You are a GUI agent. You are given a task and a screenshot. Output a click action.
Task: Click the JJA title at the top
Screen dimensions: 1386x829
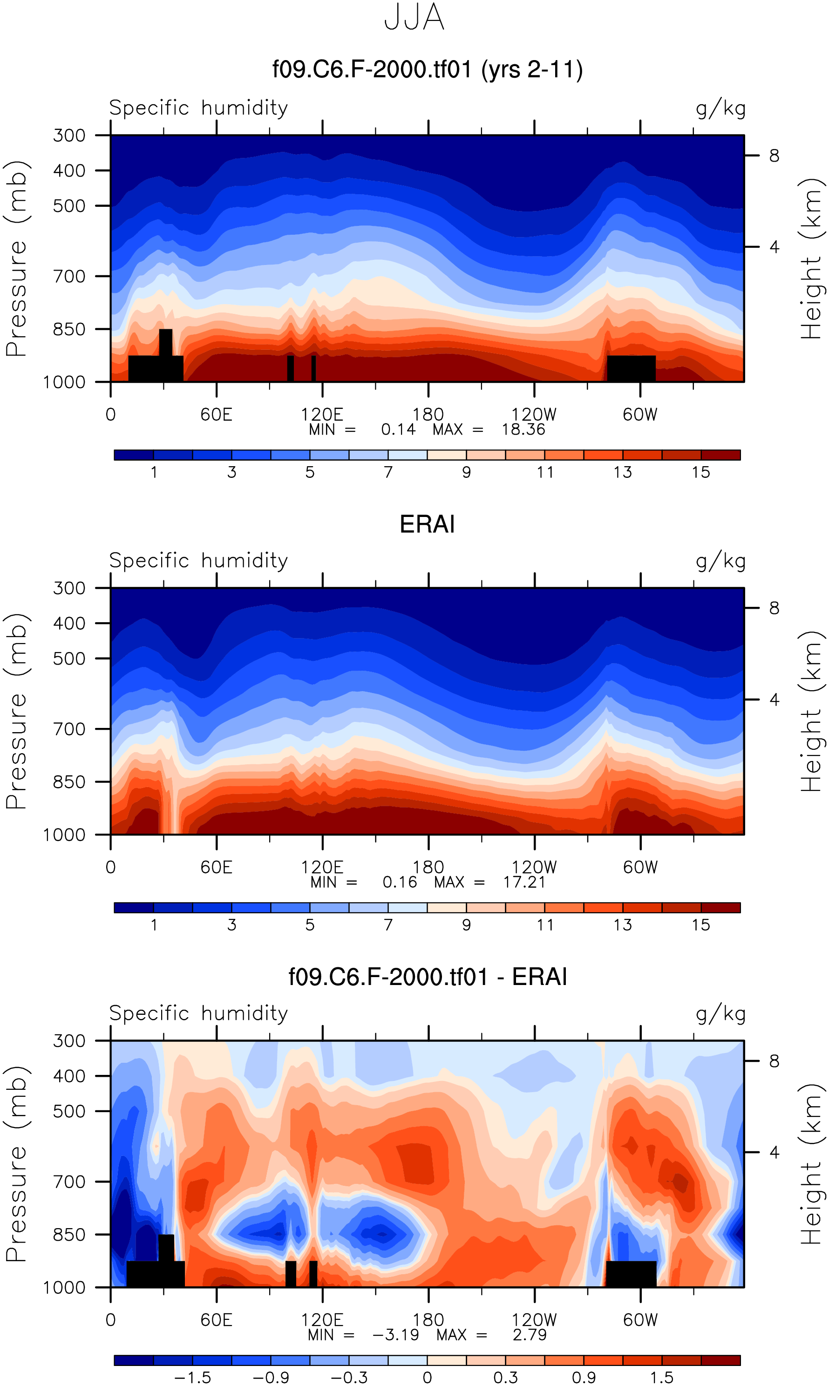[x=414, y=18]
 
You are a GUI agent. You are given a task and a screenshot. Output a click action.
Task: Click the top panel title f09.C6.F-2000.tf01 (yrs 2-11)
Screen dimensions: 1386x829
[x=428, y=70]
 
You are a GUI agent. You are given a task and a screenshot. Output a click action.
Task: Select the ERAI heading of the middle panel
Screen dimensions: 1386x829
[x=428, y=524]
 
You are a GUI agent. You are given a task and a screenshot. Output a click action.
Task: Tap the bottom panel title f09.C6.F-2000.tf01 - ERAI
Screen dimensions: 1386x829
[x=428, y=977]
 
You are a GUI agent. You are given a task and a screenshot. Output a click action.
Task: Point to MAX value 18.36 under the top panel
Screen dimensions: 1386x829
[x=523, y=429]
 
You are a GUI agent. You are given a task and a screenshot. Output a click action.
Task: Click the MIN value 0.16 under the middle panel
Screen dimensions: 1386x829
[x=400, y=882]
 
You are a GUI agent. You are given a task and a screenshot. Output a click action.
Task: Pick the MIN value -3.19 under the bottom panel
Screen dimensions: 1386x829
[x=395, y=1335]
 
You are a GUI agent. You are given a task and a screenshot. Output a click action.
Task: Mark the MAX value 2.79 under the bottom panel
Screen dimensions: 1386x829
[x=530, y=1335]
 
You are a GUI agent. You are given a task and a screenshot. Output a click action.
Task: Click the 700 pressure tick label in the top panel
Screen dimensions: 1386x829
[x=69, y=277]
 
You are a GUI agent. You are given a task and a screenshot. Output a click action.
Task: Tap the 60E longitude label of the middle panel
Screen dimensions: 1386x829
[x=216, y=868]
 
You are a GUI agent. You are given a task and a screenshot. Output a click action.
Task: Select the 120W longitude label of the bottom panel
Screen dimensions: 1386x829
[x=534, y=1320]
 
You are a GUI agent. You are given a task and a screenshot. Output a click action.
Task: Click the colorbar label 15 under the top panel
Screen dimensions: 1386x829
[x=700, y=473]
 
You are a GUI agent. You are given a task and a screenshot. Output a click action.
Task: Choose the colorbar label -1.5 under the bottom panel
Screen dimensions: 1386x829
[x=193, y=1378]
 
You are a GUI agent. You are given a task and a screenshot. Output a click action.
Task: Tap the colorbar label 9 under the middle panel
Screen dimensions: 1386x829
[x=467, y=925]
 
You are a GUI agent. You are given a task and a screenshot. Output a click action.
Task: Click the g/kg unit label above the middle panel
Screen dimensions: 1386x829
[x=720, y=561]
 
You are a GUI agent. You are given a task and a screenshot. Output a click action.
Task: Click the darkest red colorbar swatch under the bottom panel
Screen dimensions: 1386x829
[x=720, y=1360]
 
